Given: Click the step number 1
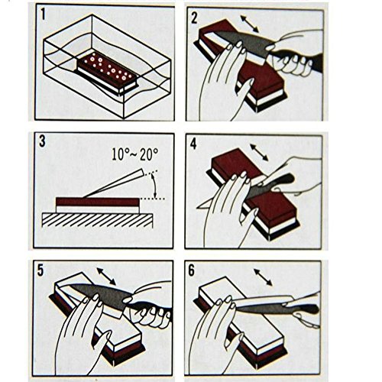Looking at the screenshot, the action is click(x=44, y=14).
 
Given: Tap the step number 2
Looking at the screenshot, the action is click(x=194, y=18).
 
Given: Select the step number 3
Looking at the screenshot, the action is click(x=42, y=141).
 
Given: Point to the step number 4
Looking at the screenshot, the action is click(x=193, y=144).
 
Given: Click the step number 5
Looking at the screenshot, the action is click(x=40, y=270).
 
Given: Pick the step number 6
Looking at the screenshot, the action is click(x=192, y=270).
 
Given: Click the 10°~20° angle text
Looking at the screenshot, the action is click(x=135, y=154).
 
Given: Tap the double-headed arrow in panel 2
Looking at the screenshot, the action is click(x=250, y=24).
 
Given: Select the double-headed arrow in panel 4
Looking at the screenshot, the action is click(x=259, y=153).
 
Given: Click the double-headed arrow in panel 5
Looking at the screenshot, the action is click(x=106, y=277).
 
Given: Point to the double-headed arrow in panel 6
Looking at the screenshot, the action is click(x=263, y=277).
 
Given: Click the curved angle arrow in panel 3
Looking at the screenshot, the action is click(x=154, y=185).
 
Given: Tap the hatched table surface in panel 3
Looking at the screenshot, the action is click(x=97, y=220).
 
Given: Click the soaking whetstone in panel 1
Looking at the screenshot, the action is click(x=108, y=73).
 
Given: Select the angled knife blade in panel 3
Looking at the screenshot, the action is click(x=113, y=183).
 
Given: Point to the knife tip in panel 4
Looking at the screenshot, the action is click(x=196, y=209).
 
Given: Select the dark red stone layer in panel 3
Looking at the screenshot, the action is click(x=98, y=202).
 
